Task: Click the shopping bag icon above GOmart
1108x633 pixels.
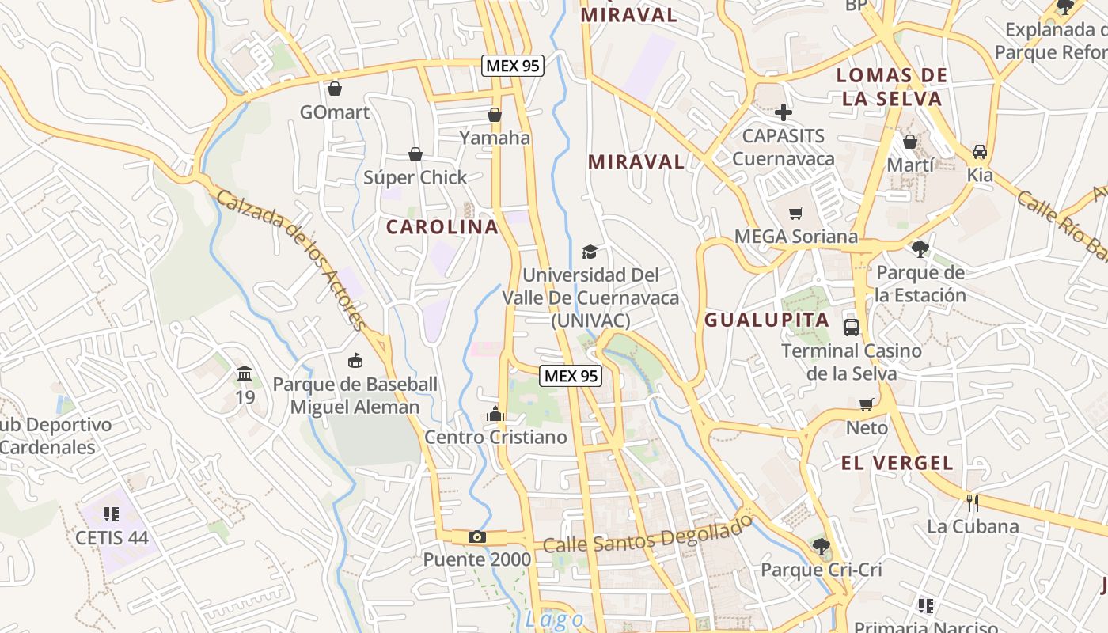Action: click(x=335, y=89)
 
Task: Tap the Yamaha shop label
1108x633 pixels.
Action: click(x=495, y=138)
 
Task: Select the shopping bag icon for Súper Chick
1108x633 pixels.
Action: click(x=415, y=154)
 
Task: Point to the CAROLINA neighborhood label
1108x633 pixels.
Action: click(x=442, y=227)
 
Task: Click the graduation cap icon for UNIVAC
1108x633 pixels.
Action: click(x=590, y=252)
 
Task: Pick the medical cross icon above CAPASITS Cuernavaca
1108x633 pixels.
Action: click(x=784, y=112)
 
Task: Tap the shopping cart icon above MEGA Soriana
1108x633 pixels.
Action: click(x=796, y=213)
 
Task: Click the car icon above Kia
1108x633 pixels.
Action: click(x=980, y=152)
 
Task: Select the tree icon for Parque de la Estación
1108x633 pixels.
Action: click(x=920, y=249)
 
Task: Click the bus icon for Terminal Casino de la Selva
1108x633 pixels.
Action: click(x=852, y=327)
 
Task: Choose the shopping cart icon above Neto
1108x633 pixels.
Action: click(x=867, y=404)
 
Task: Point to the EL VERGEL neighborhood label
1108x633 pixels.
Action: click(x=897, y=464)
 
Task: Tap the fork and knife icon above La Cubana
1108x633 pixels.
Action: click(x=973, y=502)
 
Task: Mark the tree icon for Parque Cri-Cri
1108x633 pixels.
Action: click(x=822, y=546)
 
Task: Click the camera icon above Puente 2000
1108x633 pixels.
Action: click(x=476, y=537)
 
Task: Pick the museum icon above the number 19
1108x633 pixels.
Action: click(x=245, y=373)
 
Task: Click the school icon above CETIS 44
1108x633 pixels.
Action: click(x=112, y=514)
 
